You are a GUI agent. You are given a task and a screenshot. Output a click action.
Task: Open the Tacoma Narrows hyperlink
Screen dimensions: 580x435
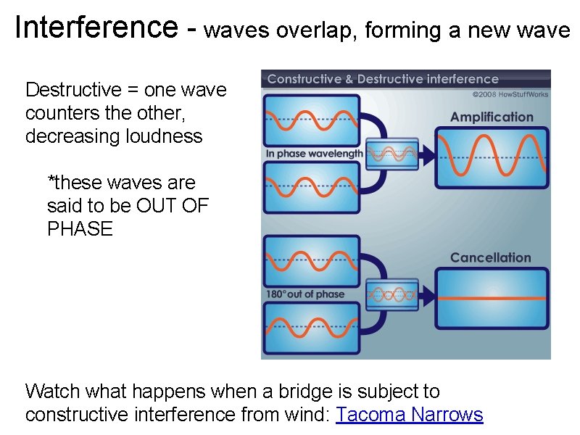coord(410,415)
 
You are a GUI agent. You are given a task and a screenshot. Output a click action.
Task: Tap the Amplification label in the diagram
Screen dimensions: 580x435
coord(491,117)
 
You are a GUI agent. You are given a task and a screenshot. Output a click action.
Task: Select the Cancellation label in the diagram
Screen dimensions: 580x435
coord(490,257)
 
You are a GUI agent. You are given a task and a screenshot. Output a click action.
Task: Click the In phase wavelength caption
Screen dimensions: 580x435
coord(313,154)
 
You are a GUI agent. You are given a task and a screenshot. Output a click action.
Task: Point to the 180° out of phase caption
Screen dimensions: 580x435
coord(305,294)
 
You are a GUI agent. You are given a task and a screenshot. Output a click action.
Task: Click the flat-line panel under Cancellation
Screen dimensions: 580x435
coord(492,298)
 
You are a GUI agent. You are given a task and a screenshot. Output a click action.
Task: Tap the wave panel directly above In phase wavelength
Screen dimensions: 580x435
coord(312,120)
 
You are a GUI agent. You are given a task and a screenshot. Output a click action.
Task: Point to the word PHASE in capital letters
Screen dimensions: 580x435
coord(80,229)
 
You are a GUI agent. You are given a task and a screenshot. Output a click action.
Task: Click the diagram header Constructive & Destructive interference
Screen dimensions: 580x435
coord(383,79)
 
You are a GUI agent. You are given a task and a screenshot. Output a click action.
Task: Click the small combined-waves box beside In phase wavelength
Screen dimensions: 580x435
coord(391,154)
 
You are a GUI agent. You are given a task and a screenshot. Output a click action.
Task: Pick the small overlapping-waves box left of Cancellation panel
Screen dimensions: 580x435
coord(392,294)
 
